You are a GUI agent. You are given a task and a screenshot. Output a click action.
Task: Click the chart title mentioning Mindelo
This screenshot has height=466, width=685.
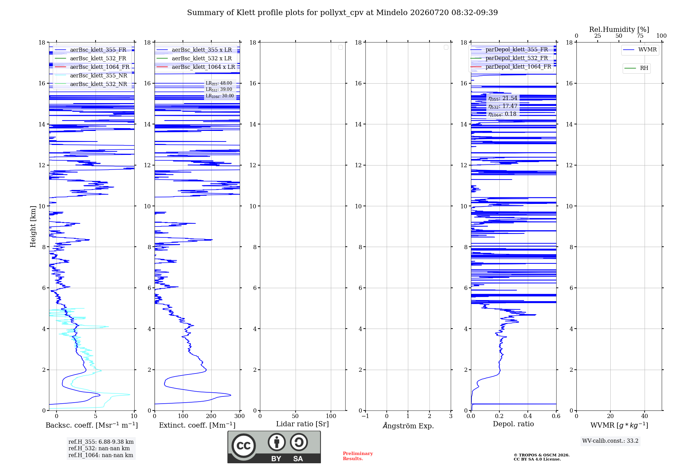pos(342,13)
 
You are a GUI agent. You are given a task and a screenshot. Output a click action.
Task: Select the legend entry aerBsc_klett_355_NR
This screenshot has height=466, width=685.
pos(91,75)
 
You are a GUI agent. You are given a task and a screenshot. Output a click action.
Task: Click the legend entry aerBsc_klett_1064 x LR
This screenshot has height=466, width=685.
pos(196,67)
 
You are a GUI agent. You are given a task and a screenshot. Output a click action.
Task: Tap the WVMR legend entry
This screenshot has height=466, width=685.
pos(640,50)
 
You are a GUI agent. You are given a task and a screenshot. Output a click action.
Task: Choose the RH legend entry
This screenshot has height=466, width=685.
pos(636,68)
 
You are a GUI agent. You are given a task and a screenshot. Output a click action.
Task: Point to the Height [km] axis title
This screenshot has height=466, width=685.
pos(33,226)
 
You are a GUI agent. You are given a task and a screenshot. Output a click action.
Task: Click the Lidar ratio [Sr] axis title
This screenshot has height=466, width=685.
pos(302,424)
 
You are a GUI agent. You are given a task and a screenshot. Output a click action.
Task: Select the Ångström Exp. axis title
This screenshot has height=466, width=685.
pos(408,426)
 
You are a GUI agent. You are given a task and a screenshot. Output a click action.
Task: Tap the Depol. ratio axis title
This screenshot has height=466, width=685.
pos(513,424)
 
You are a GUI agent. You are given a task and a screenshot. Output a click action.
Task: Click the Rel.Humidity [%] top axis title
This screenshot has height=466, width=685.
pos(619,29)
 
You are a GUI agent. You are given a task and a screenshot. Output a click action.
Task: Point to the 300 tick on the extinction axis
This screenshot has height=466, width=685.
pos(240,416)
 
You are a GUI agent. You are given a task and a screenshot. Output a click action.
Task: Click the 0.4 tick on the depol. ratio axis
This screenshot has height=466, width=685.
pos(528,416)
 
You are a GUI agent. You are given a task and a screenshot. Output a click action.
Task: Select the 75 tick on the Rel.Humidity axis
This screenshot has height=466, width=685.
pos(640,36)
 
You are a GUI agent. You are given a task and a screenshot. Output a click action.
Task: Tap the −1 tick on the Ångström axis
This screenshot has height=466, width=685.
pos(365,416)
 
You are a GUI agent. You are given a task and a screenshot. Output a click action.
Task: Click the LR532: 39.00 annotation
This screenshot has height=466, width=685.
pos(219,89)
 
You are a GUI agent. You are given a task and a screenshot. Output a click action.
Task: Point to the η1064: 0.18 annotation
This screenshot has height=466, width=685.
pos(502,114)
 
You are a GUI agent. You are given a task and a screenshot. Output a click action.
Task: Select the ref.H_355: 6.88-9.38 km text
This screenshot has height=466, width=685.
pos(101,442)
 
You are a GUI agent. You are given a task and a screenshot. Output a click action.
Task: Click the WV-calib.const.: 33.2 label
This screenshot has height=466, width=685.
pos(610,441)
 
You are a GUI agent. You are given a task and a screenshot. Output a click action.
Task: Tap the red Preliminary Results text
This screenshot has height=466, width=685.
pos(358,456)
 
